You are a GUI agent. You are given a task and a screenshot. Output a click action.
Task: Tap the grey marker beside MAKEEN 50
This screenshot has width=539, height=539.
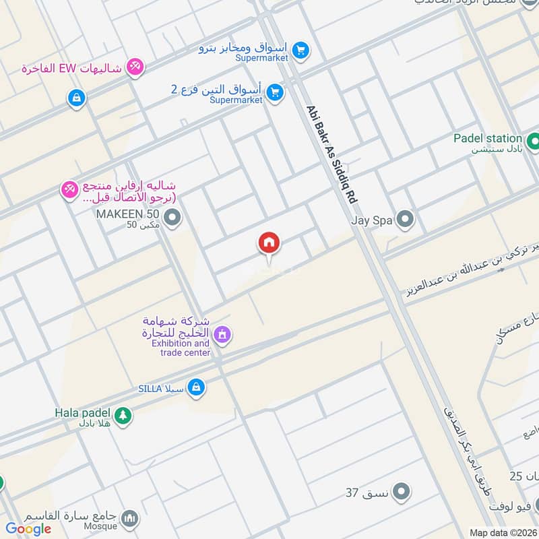[x=173, y=218]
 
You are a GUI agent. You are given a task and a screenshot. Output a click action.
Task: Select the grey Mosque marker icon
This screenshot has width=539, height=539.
[x=131, y=519]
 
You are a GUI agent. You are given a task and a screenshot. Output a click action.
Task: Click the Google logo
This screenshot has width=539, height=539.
[x=28, y=529]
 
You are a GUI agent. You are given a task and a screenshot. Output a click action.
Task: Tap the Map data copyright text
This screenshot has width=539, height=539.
[x=503, y=533]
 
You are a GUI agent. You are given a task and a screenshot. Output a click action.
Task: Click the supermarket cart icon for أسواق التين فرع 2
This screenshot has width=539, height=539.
[x=274, y=93]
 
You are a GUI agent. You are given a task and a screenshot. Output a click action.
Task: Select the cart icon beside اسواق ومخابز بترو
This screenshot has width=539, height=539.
[x=300, y=50]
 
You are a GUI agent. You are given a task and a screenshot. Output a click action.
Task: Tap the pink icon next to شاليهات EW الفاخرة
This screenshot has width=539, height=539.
[x=135, y=66]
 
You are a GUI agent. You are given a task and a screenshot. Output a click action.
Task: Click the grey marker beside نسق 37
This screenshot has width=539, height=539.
[x=402, y=491]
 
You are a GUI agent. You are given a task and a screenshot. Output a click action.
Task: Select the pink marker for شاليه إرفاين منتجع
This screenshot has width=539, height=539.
[x=70, y=191]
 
